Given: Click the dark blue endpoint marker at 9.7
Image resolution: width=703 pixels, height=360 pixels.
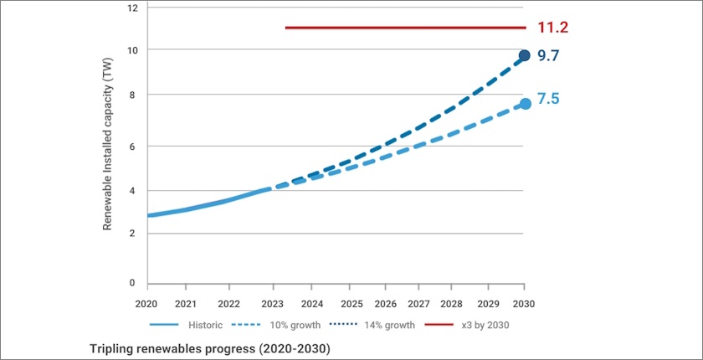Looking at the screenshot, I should tap(524, 56).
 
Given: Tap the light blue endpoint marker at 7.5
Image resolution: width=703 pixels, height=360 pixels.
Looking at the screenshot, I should tap(525, 104).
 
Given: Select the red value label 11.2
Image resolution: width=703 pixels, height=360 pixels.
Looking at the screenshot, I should tap(552, 28).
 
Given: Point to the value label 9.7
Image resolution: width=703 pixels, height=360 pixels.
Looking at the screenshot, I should tap(547, 57).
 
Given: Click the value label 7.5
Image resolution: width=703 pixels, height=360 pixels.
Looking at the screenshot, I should tap(547, 99).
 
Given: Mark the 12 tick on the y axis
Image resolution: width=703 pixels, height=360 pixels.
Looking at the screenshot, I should tap(131, 7).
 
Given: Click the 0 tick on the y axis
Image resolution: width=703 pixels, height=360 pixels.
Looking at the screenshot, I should tap(132, 283).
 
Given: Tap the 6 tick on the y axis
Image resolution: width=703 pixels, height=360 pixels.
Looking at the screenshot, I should tap(132, 146).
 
